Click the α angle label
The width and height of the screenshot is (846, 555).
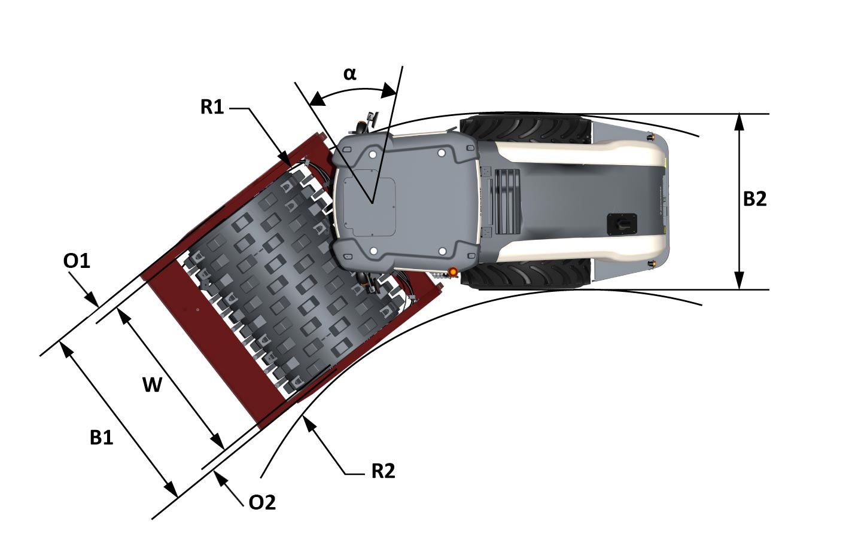[349, 74]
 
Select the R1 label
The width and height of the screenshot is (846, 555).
[212, 107]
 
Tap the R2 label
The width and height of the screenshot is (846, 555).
[383, 471]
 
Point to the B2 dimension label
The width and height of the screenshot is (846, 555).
[754, 199]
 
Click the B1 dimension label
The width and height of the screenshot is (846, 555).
[101, 438]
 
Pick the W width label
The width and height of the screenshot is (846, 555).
[152, 385]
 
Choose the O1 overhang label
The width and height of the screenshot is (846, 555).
[77, 261]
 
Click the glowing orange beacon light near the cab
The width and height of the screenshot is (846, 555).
[453, 272]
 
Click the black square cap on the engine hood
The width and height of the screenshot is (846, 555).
[622, 224]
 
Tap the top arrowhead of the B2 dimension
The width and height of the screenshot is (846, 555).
[740, 121]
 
